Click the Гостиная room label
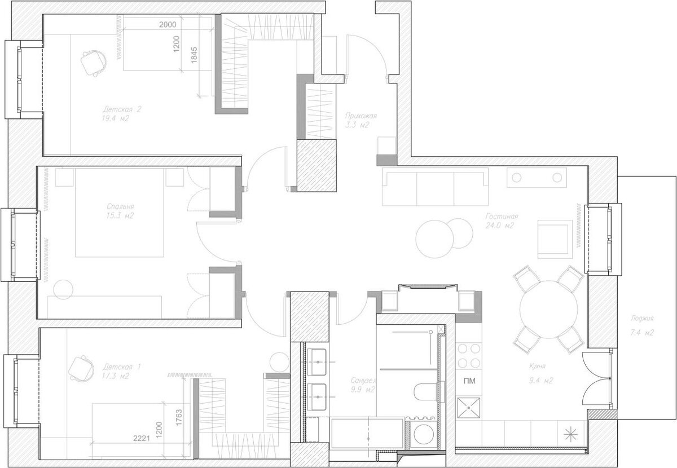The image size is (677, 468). [x=502, y=217]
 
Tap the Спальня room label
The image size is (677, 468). [x=120, y=206]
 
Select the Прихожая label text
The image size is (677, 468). [x=361, y=116]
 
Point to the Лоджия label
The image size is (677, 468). [x=642, y=318]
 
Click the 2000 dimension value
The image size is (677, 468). [x=168, y=24]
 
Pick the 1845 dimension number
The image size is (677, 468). [x=194, y=55]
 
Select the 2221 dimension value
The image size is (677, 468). [x=142, y=438]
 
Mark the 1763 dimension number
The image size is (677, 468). [x=179, y=418]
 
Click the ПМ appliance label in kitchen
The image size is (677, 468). [x=469, y=381]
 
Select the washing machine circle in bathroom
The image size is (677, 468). [x=424, y=435]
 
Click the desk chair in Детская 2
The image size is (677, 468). [x=94, y=63]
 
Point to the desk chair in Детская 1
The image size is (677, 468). [x=81, y=368]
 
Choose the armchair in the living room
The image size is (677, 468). [x=555, y=239]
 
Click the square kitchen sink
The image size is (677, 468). [x=468, y=408]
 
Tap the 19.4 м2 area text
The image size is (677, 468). [x=116, y=118]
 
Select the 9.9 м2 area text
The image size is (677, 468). [x=363, y=390]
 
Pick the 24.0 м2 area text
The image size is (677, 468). [x=500, y=226]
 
